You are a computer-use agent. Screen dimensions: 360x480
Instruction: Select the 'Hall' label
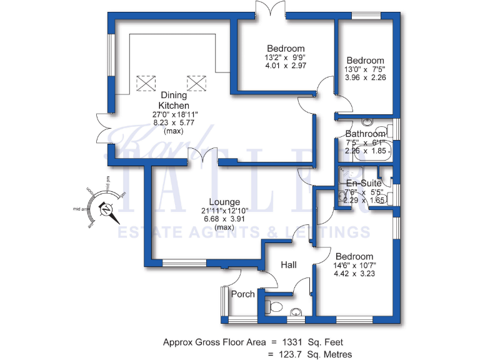288,266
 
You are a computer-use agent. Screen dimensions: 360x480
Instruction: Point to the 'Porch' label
243,294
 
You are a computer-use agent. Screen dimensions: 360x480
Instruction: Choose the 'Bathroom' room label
366,134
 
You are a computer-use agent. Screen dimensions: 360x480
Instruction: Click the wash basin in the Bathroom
367,122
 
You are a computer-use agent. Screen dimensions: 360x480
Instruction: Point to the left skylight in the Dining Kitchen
146,83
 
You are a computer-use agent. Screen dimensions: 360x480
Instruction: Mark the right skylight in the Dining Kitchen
196,82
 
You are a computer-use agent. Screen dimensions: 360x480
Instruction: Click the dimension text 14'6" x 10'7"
354,265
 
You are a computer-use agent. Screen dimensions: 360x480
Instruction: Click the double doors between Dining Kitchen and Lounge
204,157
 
